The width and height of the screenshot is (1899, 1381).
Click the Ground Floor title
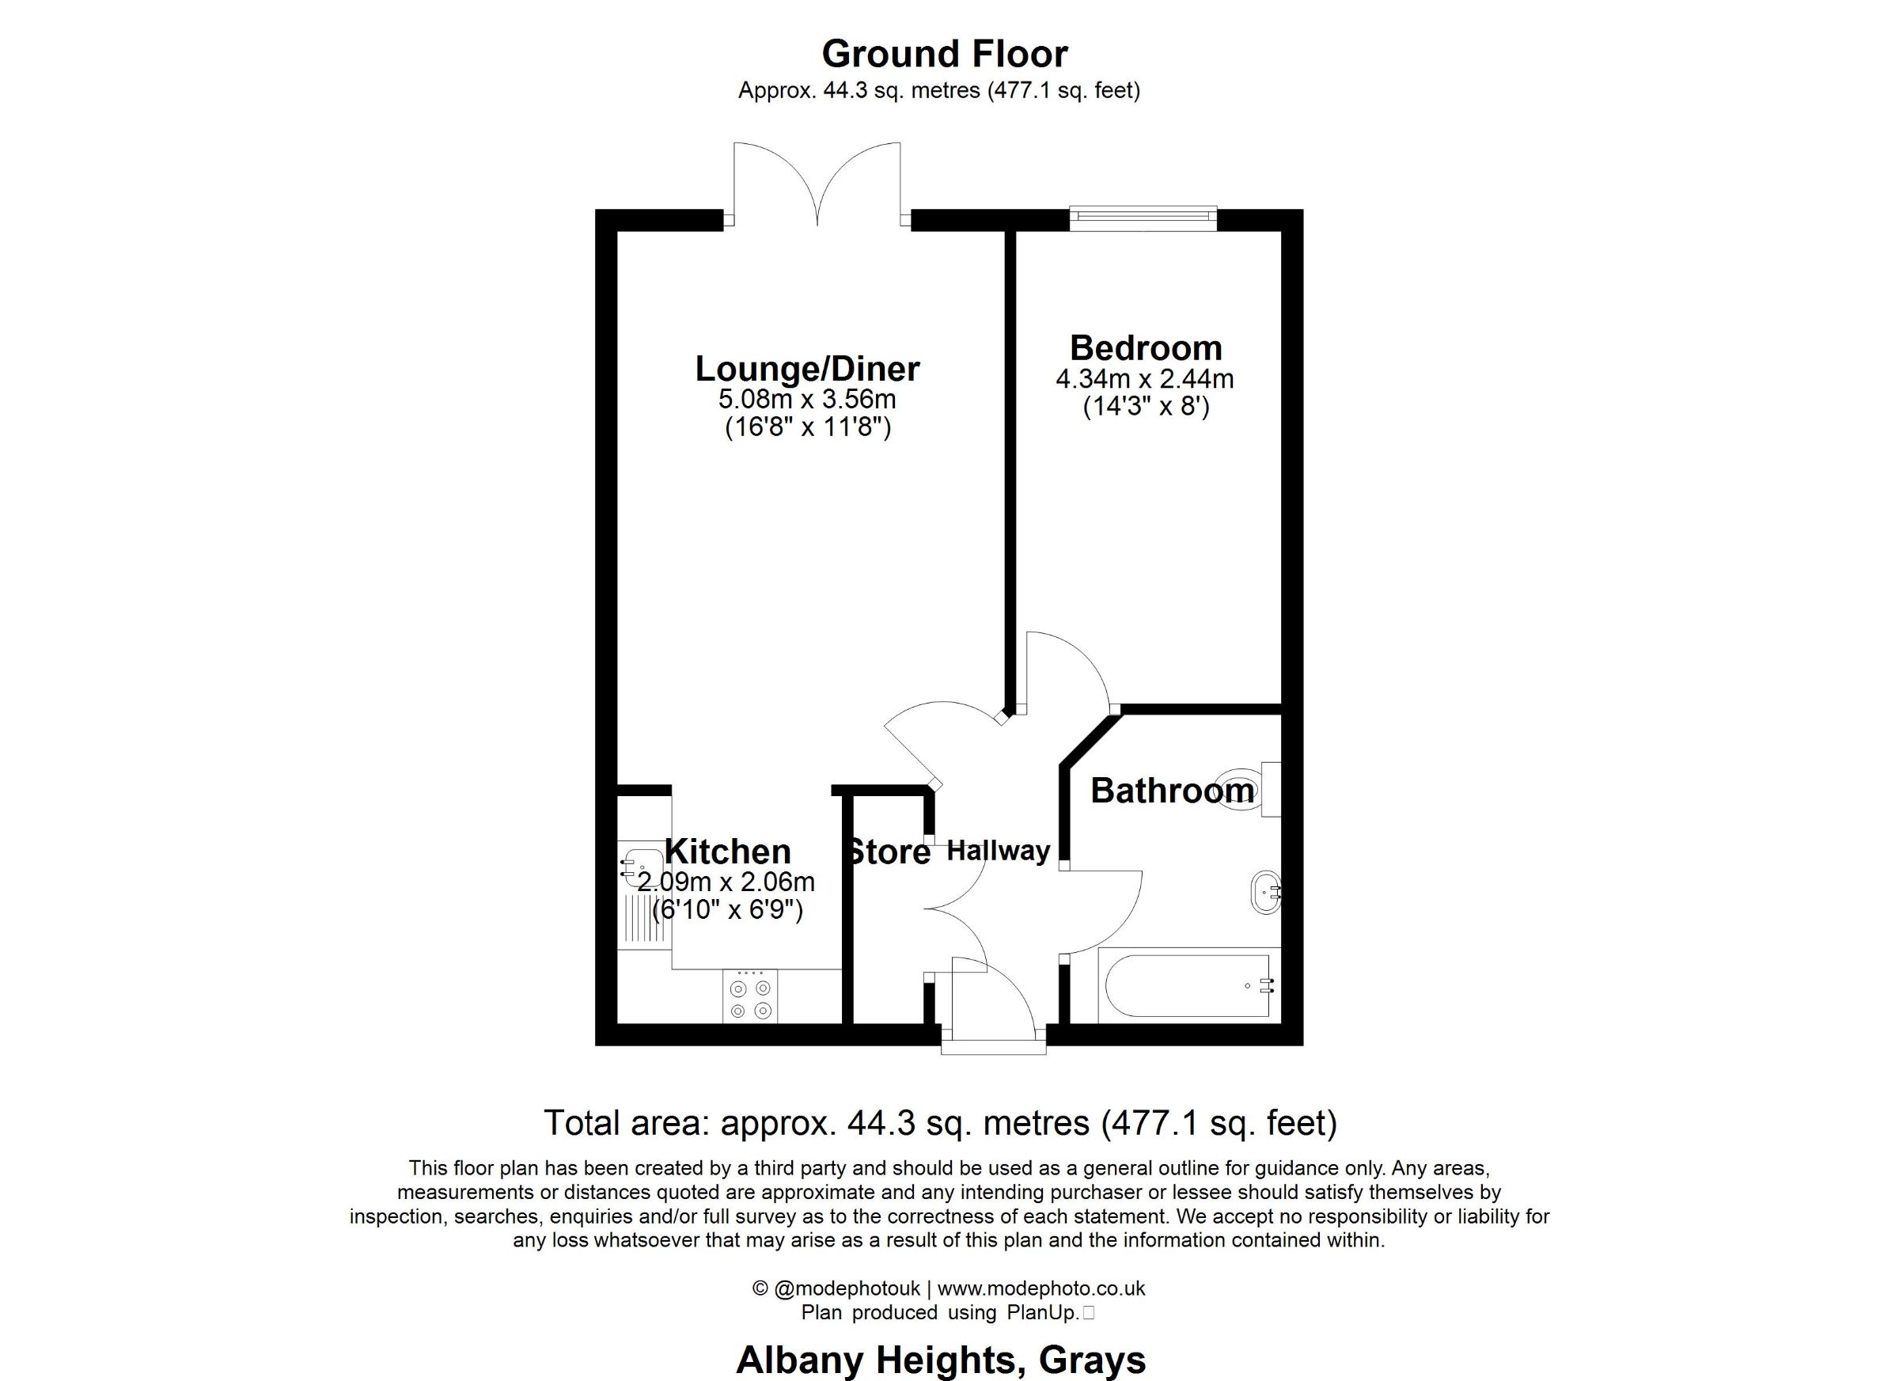(x=945, y=55)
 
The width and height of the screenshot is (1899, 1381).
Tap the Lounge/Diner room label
(x=807, y=369)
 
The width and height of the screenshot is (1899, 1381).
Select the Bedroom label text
(x=1146, y=347)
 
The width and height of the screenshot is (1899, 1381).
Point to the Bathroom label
(x=1171, y=791)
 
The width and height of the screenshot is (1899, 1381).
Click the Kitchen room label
(x=728, y=852)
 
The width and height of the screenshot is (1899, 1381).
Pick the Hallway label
(x=998, y=852)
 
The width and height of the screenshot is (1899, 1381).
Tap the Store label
(x=889, y=852)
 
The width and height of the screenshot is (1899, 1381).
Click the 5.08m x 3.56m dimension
(x=807, y=399)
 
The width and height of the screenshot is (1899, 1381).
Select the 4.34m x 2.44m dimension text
(x=1145, y=379)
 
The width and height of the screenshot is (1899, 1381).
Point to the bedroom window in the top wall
(x=1143, y=218)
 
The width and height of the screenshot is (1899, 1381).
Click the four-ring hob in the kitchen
(x=749, y=996)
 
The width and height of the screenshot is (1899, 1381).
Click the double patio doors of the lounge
(x=817, y=184)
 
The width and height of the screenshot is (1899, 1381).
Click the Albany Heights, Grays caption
(x=941, y=1361)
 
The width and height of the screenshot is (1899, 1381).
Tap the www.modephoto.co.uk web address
(x=1040, y=1288)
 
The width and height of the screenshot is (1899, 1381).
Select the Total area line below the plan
(x=940, y=1124)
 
